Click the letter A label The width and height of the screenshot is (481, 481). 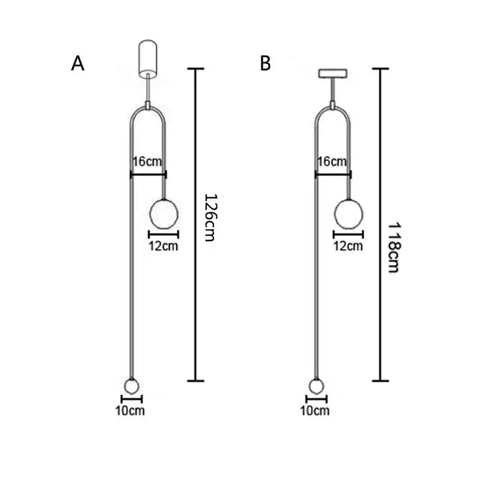[x=78, y=64]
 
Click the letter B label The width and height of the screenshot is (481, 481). [x=265, y=64]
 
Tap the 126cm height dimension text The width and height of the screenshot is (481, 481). [x=211, y=218]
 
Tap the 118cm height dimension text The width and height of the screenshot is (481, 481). [x=394, y=248]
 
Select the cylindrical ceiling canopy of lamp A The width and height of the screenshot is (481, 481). [x=148, y=58]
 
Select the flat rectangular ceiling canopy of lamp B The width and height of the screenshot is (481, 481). [x=333, y=73]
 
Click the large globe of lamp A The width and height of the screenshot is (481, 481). [x=164, y=214]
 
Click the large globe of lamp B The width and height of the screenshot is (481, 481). [x=349, y=214]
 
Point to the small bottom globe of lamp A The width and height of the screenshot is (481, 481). [x=132, y=386]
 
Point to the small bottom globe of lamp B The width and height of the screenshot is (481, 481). [x=317, y=386]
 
